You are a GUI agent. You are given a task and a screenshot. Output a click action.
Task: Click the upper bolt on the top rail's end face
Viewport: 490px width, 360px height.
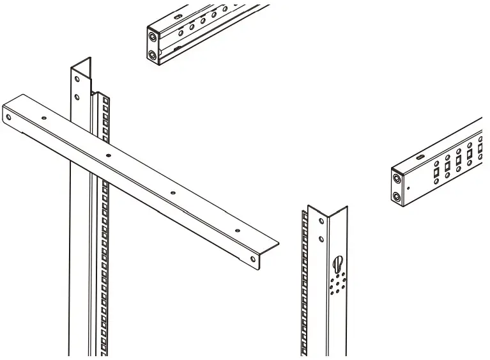[153, 38]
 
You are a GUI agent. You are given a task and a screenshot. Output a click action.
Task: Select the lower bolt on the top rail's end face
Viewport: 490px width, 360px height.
[153, 56]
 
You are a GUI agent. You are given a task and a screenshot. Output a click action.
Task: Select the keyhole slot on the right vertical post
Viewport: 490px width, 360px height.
[339, 263]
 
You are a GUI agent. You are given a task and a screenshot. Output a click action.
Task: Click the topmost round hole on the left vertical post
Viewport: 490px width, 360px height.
[77, 80]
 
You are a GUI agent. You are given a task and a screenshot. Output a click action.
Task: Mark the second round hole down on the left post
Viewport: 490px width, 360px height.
[77, 97]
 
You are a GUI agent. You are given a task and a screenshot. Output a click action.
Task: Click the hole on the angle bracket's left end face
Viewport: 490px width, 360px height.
[8, 117]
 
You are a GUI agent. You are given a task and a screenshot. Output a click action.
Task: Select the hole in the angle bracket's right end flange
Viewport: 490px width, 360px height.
[254, 258]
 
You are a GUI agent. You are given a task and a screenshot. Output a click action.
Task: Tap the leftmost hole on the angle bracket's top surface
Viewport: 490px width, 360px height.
[43, 118]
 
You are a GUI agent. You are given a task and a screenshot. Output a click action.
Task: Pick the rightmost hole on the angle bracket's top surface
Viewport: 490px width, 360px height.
[238, 230]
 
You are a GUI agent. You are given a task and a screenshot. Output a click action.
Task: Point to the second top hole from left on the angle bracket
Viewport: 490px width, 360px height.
[107, 155]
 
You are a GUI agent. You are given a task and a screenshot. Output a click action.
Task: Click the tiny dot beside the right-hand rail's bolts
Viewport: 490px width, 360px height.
[409, 188]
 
